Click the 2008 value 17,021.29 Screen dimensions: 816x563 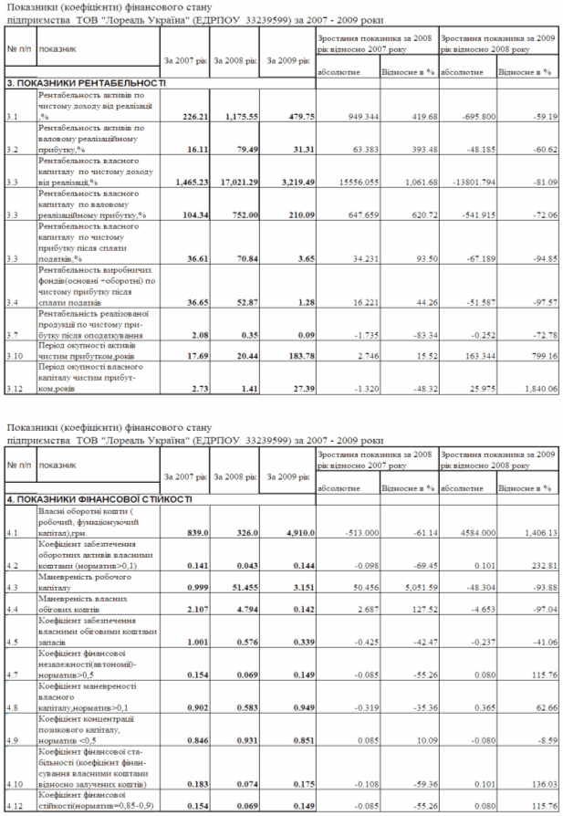click(x=234, y=182)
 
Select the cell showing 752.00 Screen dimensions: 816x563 click(x=240, y=214)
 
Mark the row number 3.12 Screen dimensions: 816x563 click(x=15, y=390)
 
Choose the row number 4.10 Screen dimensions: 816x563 click(x=15, y=783)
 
